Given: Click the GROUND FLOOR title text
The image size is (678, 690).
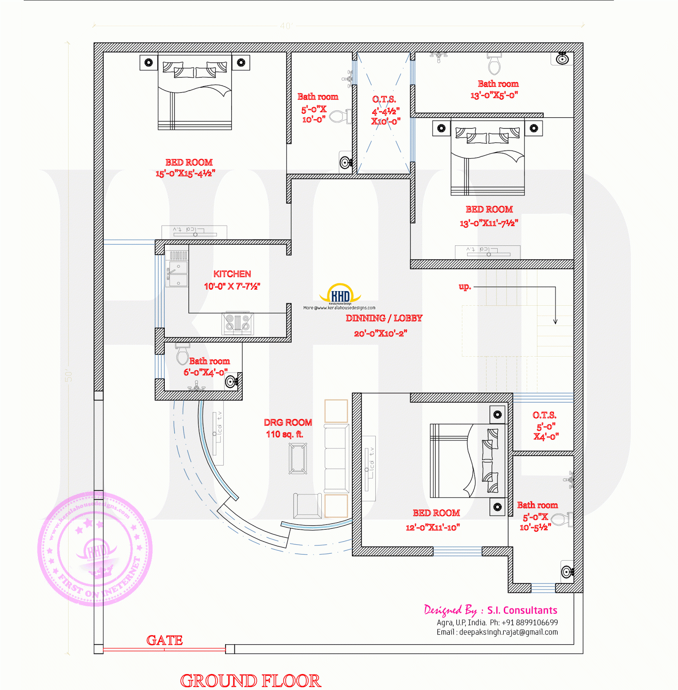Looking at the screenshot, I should tap(250, 681).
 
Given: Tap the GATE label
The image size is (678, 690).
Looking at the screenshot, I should tap(164, 640).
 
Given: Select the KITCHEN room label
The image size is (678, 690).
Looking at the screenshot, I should tap(232, 274).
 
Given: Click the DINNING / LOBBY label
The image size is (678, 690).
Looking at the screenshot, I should tap(384, 318).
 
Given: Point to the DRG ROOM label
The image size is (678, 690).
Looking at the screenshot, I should tap(288, 423).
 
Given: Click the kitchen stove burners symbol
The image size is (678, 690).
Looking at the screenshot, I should tap(238, 323).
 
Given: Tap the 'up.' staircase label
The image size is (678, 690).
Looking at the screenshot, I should tap(465, 286).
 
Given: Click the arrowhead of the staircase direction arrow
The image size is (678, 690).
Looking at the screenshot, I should tap(556, 321).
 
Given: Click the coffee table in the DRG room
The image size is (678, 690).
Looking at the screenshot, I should tap(298, 458).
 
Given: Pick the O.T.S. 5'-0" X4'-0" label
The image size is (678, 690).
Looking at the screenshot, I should tap(545, 426).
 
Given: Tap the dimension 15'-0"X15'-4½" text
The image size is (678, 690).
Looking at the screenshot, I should tap(185, 173).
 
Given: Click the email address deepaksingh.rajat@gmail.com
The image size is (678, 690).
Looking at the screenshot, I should tap(508, 632).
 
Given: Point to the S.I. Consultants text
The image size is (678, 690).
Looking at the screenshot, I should tap(522, 610).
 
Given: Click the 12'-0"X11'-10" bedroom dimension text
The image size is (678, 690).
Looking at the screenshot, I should tap(433, 527).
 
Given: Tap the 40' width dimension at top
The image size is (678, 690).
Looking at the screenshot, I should tap(286, 26).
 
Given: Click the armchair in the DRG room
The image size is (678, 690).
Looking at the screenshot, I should tap(307, 505).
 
